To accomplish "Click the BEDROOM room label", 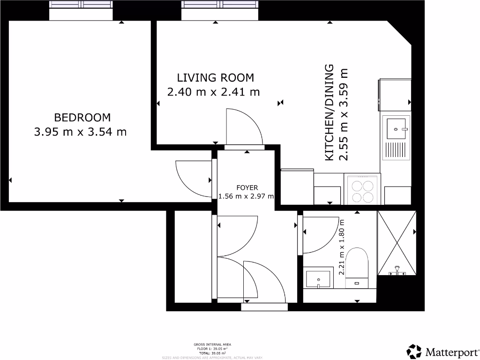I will (82, 117).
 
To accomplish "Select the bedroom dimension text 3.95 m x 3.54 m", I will (81, 132).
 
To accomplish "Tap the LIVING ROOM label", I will (215, 77).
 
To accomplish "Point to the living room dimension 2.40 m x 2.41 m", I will (213, 92).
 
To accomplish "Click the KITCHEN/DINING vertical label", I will (329, 113).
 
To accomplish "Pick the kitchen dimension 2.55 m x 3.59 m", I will (345, 115).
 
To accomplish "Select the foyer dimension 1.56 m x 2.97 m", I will (246, 196).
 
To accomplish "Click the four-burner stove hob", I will (362, 189).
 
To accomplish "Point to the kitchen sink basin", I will (396, 127).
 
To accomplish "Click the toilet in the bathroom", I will (357, 267).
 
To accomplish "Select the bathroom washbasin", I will (318, 278).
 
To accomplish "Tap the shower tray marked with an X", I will (397, 244).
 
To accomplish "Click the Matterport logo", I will (442, 352).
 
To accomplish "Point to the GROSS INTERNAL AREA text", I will (212, 345).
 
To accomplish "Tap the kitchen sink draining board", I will (396, 150).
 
